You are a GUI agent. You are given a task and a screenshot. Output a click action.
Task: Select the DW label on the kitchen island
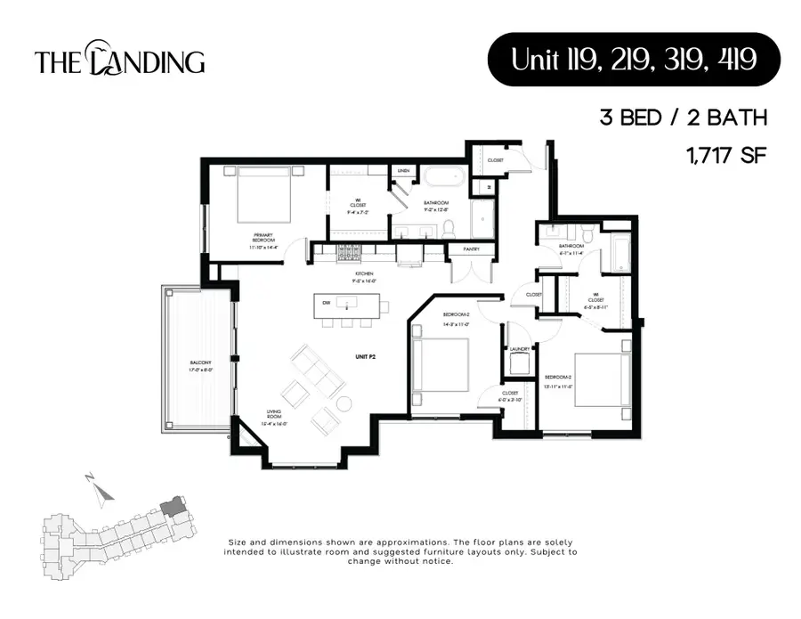(327, 304)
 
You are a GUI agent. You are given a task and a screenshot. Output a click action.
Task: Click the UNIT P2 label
(362, 355)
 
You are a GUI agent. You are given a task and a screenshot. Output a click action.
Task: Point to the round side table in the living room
(344, 404)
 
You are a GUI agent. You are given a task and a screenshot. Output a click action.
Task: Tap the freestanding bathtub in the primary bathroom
(443, 177)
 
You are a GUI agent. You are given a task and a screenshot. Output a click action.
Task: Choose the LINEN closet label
(403, 170)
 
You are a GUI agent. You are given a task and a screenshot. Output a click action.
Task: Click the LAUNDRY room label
(520, 349)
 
